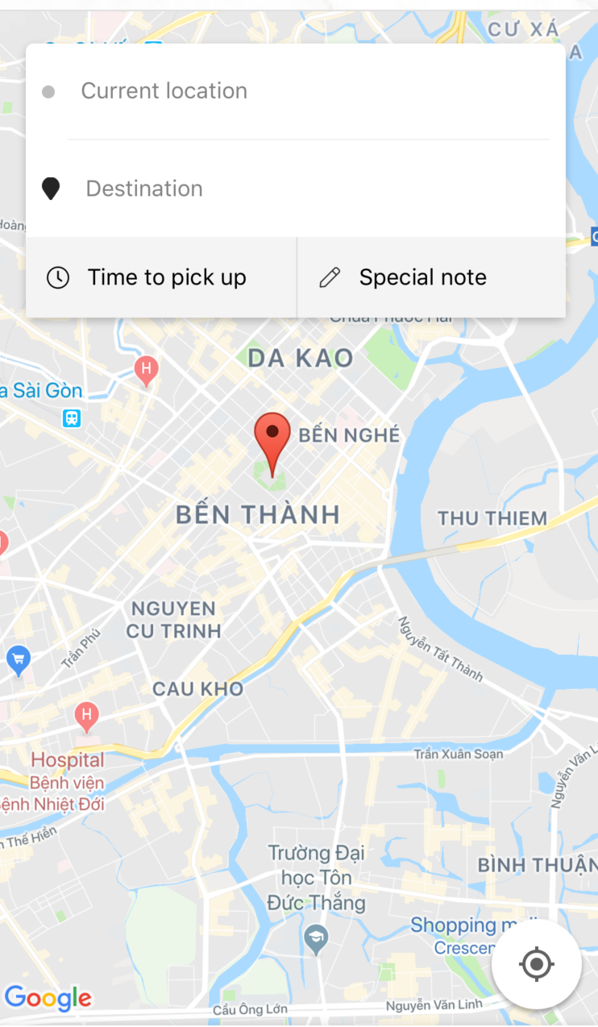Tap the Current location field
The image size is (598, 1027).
pos(306,91)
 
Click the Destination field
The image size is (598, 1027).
pos(306,189)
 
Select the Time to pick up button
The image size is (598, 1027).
pos(161,277)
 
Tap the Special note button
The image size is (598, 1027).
pos(431,277)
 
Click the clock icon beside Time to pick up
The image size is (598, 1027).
pos(58,277)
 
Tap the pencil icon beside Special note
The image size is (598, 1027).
pos(330,277)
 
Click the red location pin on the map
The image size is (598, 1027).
pos(272,439)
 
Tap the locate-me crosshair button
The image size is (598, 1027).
pos(537,964)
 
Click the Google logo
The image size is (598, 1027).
pos(48,998)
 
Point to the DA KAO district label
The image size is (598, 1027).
pos(301,358)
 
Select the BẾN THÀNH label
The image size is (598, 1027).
pos(258,514)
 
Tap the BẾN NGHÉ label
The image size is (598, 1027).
pos(349,435)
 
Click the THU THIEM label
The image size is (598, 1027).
pos(492,518)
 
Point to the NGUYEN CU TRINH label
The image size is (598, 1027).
pos(173,619)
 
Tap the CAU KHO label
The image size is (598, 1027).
pos(197,688)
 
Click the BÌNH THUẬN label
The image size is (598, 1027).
pos(536,865)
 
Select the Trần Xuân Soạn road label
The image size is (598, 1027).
pos(458,755)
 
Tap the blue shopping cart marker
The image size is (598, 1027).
pos(18,661)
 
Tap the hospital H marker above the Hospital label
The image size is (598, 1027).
pos(86,714)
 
